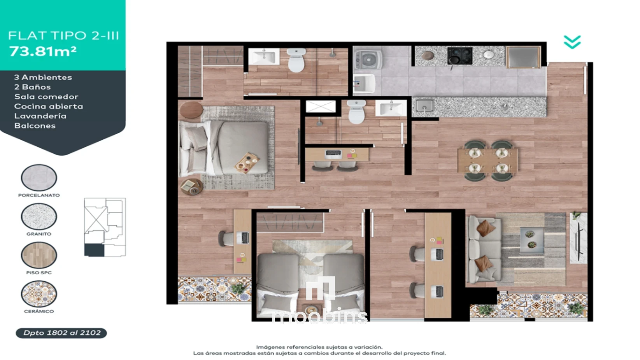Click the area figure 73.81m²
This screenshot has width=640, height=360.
[x=43, y=51]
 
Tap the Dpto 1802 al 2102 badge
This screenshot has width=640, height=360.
[x=61, y=333]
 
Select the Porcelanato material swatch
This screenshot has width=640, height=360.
[x=39, y=177]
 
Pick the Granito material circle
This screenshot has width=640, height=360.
[x=39, y=216]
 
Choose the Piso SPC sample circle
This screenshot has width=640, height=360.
[x=39, y=255]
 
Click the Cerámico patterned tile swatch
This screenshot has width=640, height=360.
[x=39, y=294]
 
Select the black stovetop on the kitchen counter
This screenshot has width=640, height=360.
[x=460, y=56]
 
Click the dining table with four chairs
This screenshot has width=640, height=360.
[x=488, y=160]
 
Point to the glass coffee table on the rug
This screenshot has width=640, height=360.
[x=532, y=240]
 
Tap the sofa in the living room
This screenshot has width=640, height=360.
[x=484, y=249]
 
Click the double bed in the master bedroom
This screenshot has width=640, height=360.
[x=223, y=148]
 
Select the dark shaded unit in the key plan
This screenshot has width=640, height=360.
[x=94, y=250]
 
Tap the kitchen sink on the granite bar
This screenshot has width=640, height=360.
[x=424, y=105]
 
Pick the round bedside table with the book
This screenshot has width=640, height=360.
[x=192, y=187]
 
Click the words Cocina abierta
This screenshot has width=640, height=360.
[x=49, y=106]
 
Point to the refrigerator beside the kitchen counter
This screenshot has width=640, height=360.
[x=523, y=58]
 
